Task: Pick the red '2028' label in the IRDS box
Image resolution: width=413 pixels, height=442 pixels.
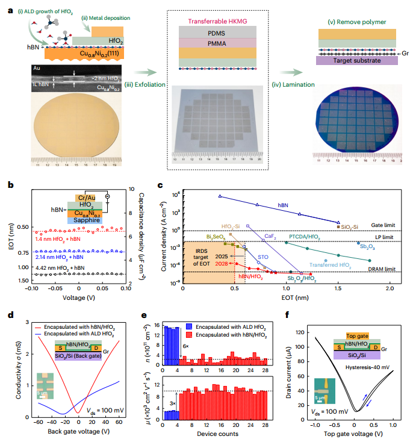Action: (x=222, y=264)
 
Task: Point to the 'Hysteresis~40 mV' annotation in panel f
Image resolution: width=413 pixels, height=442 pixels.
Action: (x=364, y=366)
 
